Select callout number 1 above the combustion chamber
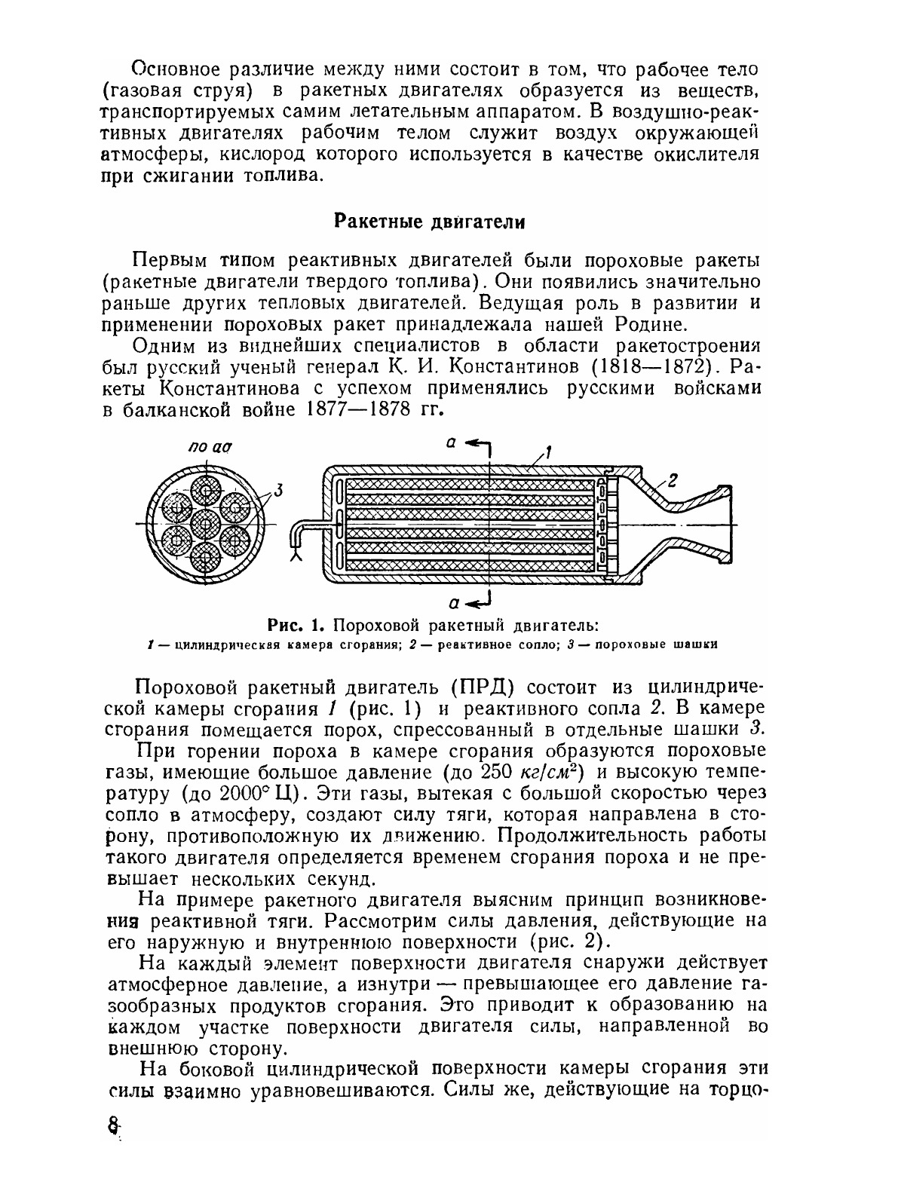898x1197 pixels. [x=549, y=454]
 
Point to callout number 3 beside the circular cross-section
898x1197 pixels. [x=277, y=491]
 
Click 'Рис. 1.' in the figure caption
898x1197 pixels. [x=296, y=625]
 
